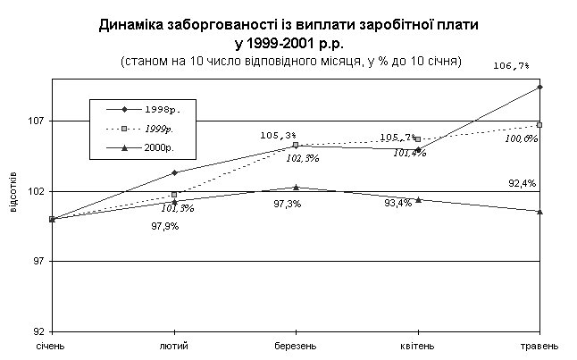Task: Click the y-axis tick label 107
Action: (x=38, y=121)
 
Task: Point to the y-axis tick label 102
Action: (x=38, y=191)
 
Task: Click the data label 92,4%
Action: (x=522, y=183)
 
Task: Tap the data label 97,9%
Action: (x=165, y=226)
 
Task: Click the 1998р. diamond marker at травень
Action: (x=540, y=87)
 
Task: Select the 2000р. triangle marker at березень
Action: (x=296, y=187)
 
